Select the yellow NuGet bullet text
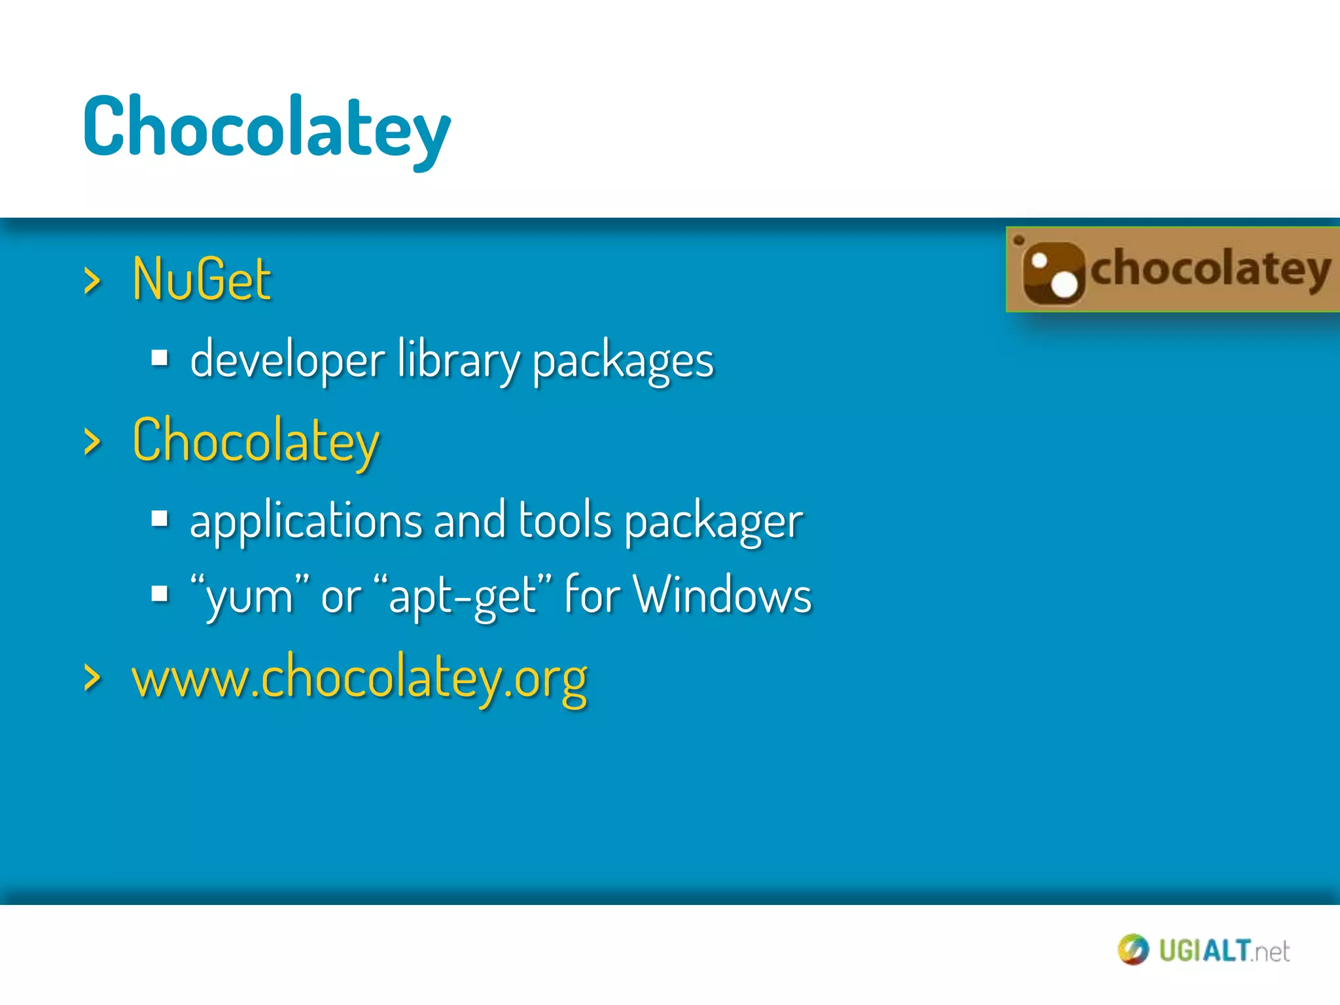(x=202, y=279)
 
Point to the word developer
(x=287, y=361)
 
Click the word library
(x=457, y=361)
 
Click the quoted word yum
(x=249, y=596)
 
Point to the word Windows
(x=722, y=595)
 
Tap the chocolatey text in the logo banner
(x=1210, y=269)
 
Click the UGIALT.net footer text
(x=1224, y=951)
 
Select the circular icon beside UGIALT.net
(x=1133, y=950)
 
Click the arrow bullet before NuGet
(x=92, y=281)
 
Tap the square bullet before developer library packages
(x=160, y=359)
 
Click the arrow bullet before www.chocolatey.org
(x=92, y=678)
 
